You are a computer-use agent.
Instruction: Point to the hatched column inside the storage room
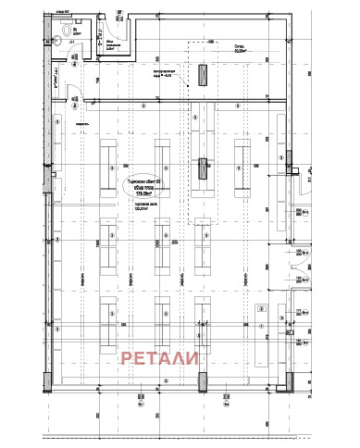pos(203,76)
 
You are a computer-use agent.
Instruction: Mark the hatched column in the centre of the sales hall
pos(203,169)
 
